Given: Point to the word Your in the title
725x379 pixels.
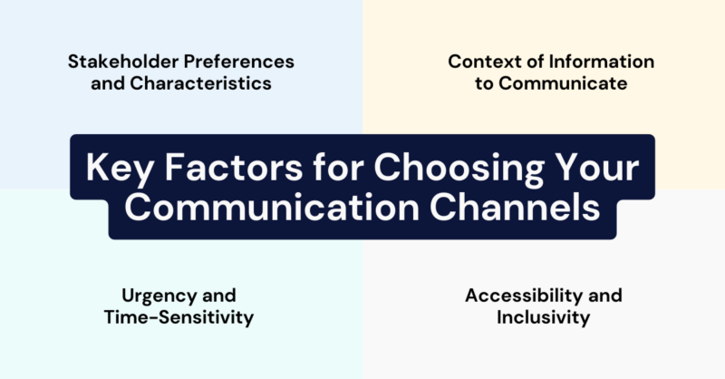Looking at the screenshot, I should point(594,169).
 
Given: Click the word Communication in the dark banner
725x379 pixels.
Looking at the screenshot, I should point(263,207).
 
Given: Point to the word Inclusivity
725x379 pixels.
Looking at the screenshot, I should point(543,317).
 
